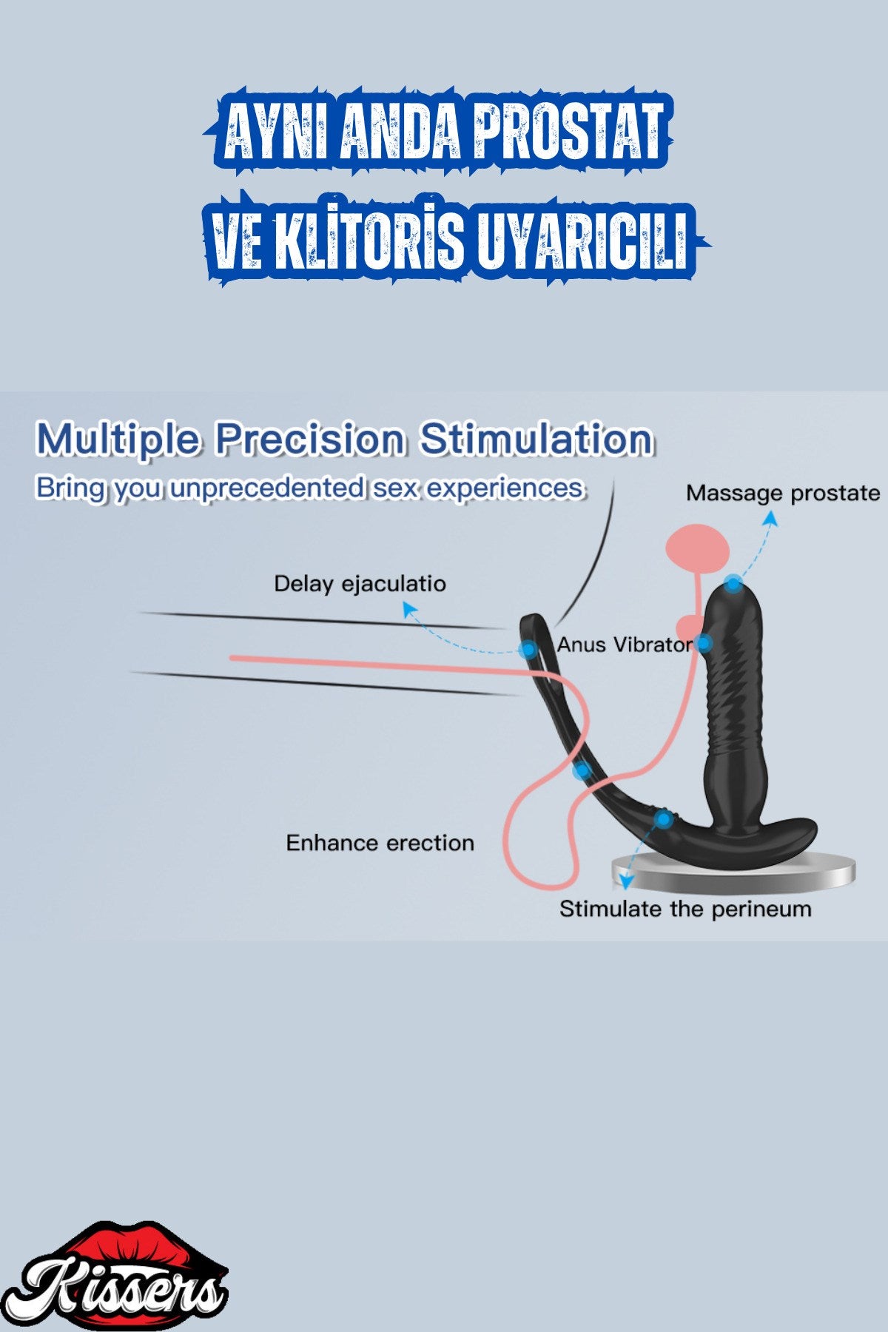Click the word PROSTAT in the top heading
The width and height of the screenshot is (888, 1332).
click(568, 132)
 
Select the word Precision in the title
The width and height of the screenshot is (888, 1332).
click(311, 440)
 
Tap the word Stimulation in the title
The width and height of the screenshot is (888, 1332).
click(536, 439)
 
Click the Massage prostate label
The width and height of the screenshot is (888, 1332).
click(783, 494)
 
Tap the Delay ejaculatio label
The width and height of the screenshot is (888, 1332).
click(360, 584)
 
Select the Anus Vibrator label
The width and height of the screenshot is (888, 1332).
click(625, 645)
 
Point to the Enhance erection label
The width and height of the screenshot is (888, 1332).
click(380, 843)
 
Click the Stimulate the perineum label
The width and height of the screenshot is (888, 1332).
click(685, 909)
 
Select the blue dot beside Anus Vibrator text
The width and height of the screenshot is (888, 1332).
click(704, 644)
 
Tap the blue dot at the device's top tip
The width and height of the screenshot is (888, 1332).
click(733, 584)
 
